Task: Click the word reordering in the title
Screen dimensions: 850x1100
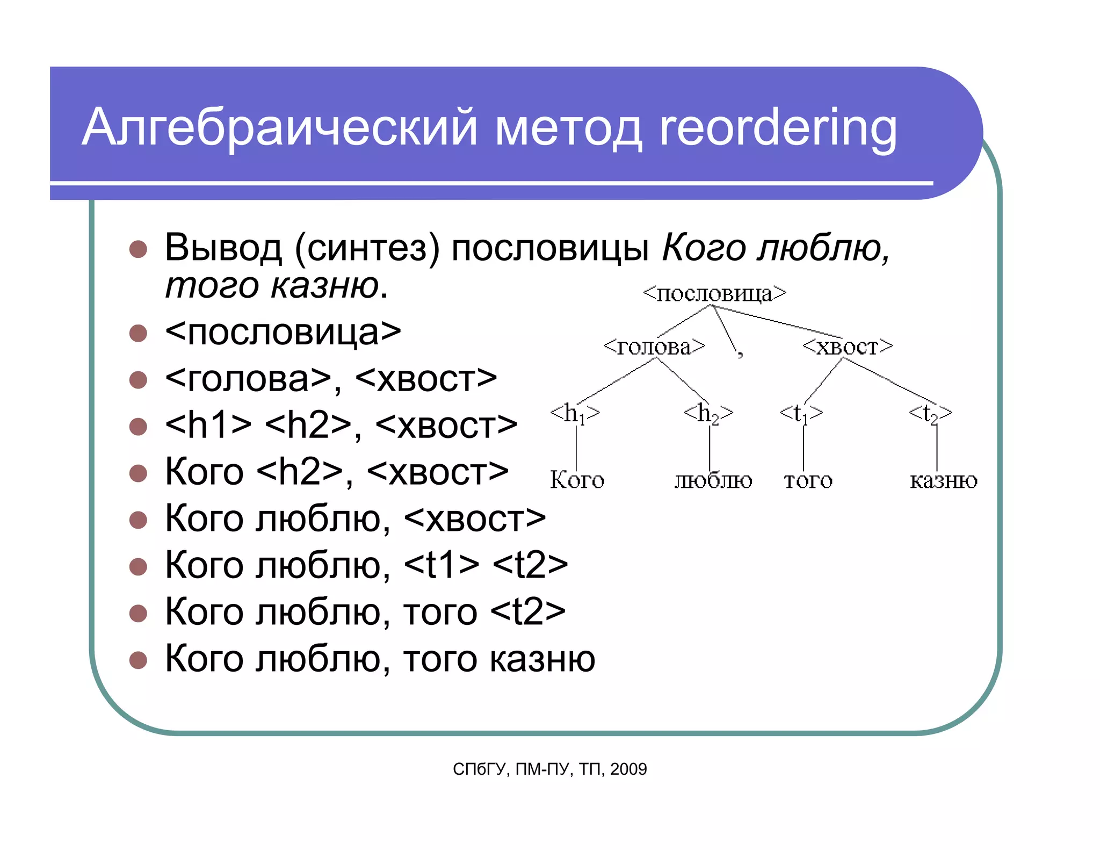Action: pos(778,128)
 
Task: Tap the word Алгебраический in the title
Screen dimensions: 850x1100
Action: pos(279,128)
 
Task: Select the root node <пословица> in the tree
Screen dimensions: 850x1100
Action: pos(714,293)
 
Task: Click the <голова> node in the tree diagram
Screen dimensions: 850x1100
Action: pos(654,347)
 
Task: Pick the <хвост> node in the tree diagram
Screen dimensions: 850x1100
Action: pos(847,347)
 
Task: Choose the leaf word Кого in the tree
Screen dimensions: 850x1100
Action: pos(577,480)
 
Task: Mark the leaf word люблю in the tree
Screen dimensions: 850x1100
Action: pos(713,480)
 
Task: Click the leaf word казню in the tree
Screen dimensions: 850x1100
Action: pos(943,480)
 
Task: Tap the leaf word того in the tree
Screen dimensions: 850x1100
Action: pos(808,480)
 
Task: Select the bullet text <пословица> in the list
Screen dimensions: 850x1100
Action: pos(283,333)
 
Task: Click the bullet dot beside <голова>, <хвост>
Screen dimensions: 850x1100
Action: pos(139,379)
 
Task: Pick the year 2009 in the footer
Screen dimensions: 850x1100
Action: pos(628,769)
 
